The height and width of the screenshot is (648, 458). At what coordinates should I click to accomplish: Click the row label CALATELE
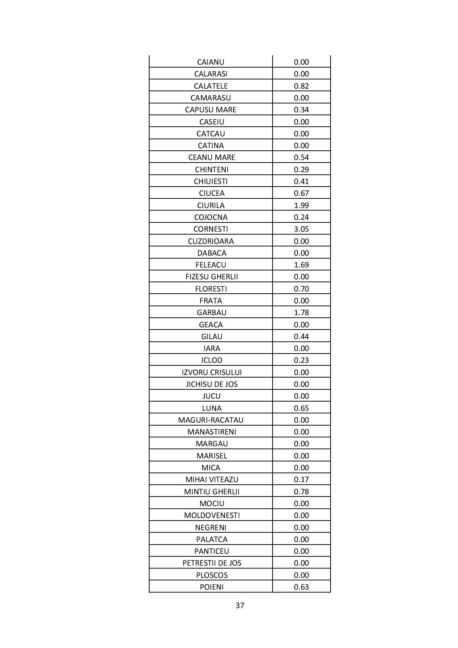coord(211,86)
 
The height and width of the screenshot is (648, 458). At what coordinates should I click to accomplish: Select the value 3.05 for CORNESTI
coord(301,229)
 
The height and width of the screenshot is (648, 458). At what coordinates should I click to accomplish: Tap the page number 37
coord(240,606)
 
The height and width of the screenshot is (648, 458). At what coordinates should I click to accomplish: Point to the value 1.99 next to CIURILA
coord(301,205)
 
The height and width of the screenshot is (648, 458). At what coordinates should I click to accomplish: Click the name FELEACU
coord(211,265)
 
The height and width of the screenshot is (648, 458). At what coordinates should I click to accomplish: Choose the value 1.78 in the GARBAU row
coord(301,313)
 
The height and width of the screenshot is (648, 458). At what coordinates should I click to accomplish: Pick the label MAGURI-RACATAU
coord(211,420)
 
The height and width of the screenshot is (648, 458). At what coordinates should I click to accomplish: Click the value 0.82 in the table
coord(301,86)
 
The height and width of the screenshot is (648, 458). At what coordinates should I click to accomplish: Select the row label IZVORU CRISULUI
coord(211,372)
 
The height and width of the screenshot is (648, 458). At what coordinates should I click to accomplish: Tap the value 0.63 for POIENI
coord(301,587)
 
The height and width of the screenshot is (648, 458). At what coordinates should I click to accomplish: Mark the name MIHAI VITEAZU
coord(212,480)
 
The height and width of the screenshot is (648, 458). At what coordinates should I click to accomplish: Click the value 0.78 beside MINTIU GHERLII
coord(301,492)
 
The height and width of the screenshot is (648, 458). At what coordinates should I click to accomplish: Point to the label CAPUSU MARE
coord(211,110)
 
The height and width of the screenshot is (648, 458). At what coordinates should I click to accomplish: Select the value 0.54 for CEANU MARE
coord(301,157)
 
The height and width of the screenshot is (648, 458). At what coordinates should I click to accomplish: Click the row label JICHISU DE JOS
coord(211,384)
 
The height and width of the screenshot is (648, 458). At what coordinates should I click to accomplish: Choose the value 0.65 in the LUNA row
coord(301,408)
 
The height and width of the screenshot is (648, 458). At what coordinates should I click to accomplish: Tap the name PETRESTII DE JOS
coord(212,563)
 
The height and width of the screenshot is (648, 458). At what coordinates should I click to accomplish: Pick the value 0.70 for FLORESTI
coord(301,289)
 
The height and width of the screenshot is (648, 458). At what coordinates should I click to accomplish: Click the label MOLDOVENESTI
coord(212,515)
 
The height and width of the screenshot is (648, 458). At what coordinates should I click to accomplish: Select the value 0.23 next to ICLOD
coord(301,360)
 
